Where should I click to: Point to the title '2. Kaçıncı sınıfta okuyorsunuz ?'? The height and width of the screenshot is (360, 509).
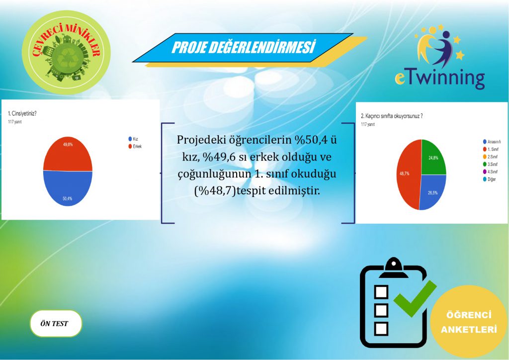click(395, 116)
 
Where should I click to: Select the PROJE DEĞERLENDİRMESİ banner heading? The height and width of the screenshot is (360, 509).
click(244, 48)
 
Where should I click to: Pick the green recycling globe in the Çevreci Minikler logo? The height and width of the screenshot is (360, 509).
click(66, 58)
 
